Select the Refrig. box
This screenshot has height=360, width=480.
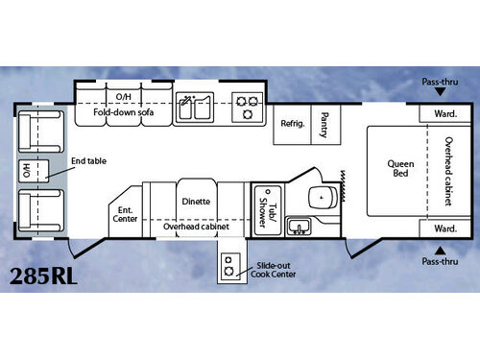click(292, 124)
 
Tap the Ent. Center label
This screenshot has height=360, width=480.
click(126, 212)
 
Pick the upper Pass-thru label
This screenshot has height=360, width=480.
click(441, 83)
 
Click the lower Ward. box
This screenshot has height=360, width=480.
click(444, 229)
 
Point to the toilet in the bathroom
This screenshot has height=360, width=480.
click(318, 197)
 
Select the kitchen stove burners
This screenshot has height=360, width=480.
click(248, 107)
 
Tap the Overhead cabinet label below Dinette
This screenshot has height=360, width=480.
click(195, 228)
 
